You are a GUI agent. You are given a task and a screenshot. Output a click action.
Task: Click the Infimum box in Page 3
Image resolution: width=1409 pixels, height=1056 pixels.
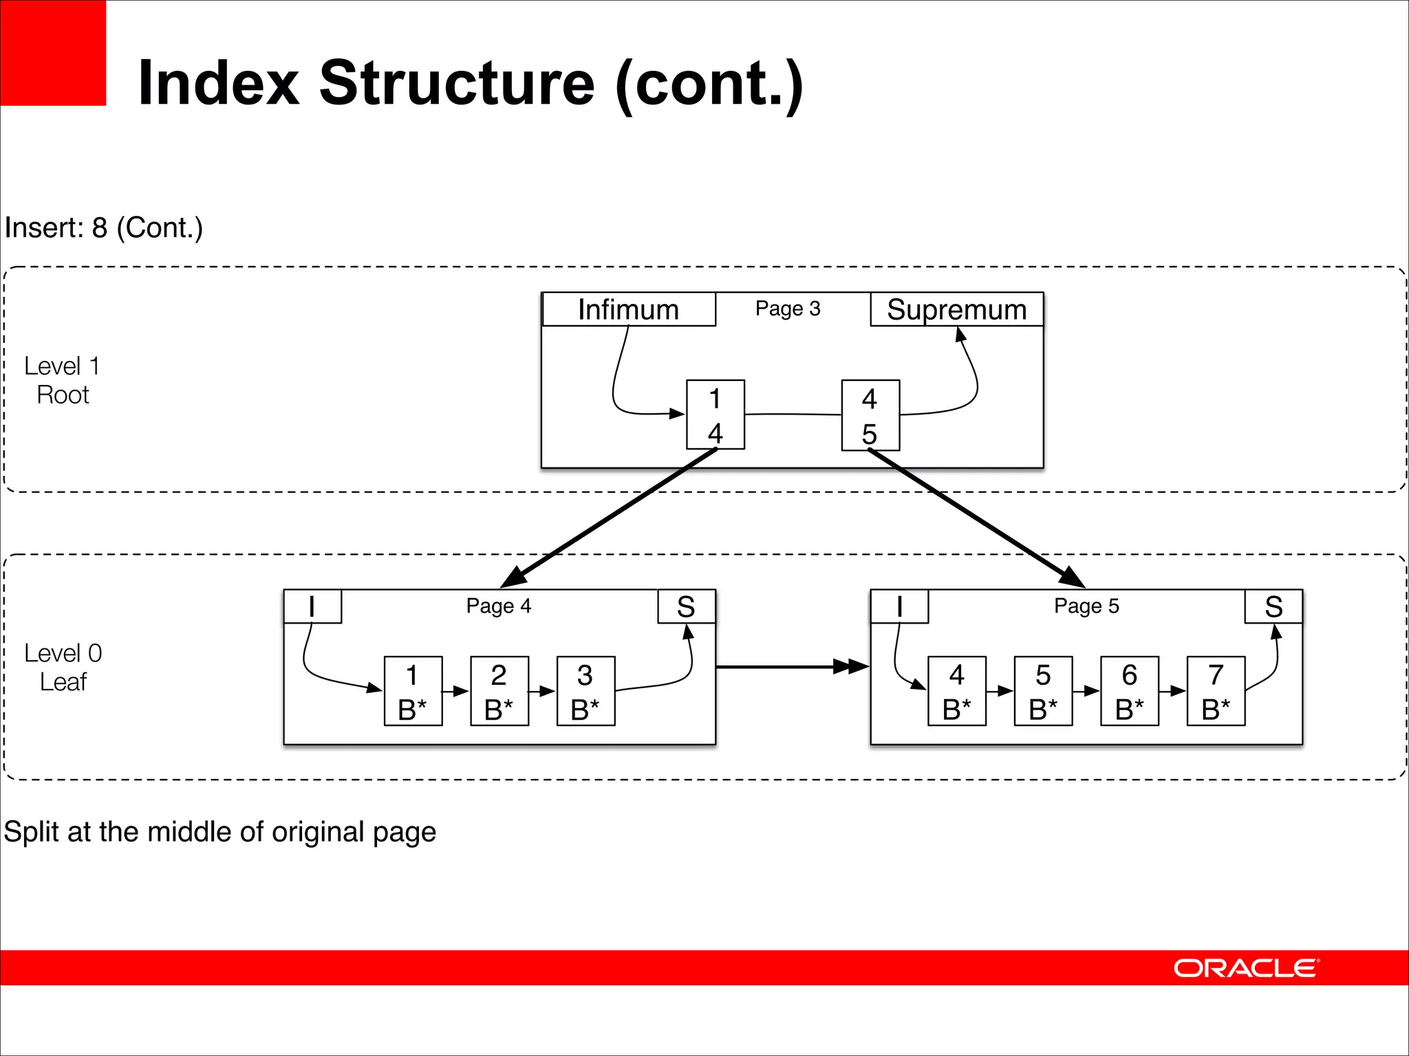point(628,309)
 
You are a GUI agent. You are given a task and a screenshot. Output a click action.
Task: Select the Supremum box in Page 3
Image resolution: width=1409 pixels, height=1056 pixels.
point(956,309)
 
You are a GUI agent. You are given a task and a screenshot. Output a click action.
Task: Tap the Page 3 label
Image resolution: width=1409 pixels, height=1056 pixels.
point(788,309)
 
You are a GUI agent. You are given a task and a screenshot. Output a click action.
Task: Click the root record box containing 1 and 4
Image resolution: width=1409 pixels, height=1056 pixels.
point(716,415)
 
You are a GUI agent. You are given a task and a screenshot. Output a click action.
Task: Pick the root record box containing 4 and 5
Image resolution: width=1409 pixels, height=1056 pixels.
point(870,415)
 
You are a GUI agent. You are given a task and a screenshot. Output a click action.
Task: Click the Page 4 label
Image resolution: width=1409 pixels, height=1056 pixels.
point(498,606)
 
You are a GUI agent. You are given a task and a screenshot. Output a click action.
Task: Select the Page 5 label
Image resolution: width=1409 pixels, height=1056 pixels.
point(1086,606)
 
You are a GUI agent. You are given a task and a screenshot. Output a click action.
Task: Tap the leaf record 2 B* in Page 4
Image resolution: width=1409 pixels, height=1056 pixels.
point(499,691)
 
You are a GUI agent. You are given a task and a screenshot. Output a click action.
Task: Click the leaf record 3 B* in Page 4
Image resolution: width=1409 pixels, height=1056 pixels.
point(585,691)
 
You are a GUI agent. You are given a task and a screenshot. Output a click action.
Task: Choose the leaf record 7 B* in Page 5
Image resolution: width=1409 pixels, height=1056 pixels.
point(1216,691)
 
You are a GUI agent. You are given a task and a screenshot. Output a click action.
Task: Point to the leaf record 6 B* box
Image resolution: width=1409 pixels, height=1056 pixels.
point(1130,691)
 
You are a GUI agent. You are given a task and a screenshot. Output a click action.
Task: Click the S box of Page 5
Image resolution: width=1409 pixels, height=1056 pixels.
point(1273,606)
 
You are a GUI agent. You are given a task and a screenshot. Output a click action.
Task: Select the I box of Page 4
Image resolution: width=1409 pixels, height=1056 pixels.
point(312,606)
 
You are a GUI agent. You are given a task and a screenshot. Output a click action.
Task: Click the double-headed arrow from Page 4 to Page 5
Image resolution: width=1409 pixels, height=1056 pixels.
point(791,666)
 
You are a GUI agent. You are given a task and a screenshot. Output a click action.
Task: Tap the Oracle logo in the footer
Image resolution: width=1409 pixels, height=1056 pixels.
point(1246,968)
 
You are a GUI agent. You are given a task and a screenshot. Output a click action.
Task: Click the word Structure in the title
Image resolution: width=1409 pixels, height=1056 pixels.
point(457,83)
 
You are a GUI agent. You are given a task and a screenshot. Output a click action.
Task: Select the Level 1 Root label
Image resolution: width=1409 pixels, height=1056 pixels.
point(63,380)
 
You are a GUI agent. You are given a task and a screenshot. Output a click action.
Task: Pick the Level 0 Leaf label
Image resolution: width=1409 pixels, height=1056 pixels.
point(63,667)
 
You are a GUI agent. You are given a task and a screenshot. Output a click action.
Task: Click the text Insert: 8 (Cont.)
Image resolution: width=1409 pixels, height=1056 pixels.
point(104,228)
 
